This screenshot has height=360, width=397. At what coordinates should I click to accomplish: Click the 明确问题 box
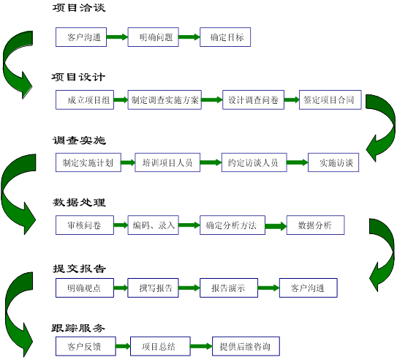click(154, 37)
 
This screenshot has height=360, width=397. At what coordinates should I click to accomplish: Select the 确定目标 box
click(225, 37)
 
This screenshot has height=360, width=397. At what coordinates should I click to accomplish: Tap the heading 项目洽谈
click(79, 8)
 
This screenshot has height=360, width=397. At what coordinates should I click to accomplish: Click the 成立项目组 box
click(85, 100)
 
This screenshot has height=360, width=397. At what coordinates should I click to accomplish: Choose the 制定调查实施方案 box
click(165, 100)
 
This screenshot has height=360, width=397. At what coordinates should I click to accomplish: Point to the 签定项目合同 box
click(330, 100)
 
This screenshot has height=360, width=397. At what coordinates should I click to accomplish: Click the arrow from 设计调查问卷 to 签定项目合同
click(292, 100)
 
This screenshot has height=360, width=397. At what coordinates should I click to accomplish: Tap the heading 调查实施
click(79, 140)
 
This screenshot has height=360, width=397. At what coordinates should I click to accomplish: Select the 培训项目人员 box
click(167, 162)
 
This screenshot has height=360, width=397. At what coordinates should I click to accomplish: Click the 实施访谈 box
click(333, 162)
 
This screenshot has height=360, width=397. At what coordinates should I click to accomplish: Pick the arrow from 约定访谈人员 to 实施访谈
click(298, 162)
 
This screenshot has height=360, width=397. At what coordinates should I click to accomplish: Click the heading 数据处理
click(79, 203)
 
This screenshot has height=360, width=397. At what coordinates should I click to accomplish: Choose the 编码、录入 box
click(154, 225)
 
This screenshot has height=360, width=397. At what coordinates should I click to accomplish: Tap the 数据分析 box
click(315, 225)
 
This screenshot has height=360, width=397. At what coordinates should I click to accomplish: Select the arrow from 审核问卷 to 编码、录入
click(121, 225)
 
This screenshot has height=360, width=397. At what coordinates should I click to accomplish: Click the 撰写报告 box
click(154, 288)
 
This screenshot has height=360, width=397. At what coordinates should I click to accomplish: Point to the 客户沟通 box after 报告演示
click(309, 288)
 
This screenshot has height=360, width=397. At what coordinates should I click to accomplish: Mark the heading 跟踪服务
click(78, 328)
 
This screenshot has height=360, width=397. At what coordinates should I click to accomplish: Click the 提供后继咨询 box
click(246, 346)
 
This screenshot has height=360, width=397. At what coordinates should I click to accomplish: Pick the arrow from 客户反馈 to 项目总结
click(123, 346)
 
